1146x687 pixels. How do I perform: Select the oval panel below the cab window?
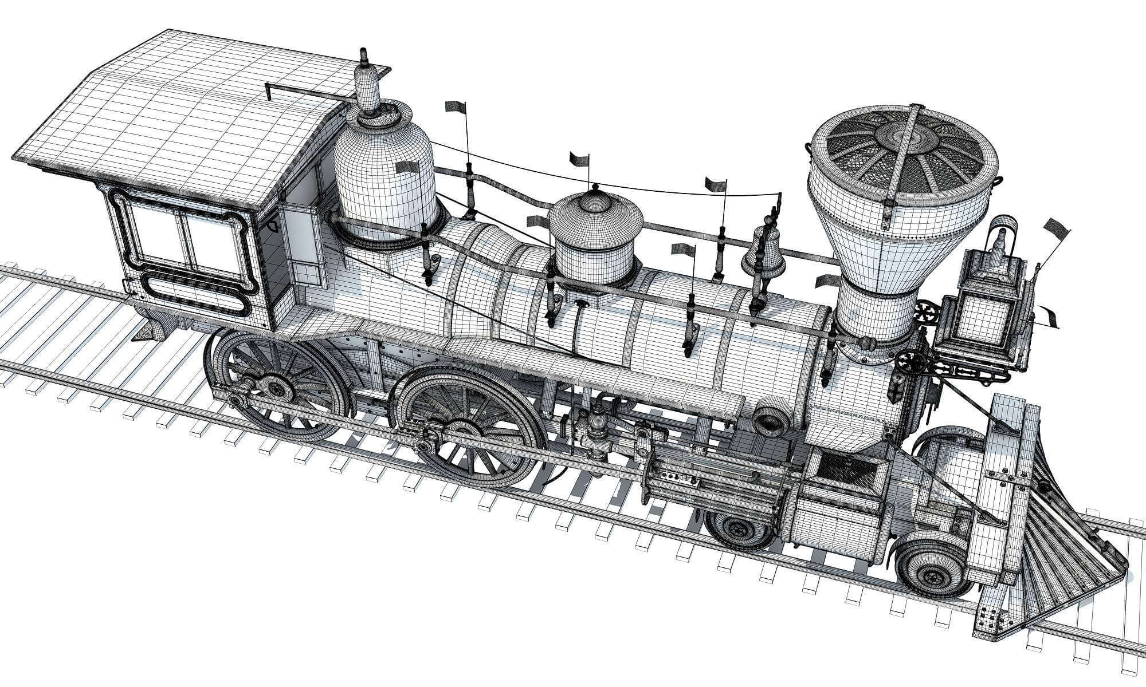pos(195,292)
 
